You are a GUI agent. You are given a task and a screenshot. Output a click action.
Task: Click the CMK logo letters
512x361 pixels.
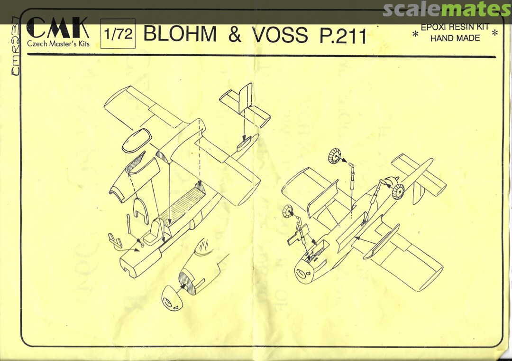point(58,28)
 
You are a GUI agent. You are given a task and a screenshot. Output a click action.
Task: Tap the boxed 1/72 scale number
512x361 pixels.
point(118,34)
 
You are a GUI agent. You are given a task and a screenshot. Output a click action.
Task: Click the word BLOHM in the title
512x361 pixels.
point(180,34)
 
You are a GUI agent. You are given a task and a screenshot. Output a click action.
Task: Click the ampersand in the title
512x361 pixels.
point(235,34)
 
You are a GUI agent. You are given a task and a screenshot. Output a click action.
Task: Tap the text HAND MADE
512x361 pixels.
point(455,38)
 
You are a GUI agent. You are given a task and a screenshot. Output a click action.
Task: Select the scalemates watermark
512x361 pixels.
point(447,9)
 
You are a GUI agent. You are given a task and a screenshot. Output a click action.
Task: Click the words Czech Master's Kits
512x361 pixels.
point(58,44)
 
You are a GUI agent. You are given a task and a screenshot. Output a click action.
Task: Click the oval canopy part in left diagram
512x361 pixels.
point(136,141)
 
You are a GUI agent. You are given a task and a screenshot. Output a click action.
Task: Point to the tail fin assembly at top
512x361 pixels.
point(245,105)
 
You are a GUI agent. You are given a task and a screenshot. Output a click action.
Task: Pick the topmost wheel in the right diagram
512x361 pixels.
point(336,155)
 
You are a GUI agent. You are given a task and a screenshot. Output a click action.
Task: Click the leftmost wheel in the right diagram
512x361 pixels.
point(288,212)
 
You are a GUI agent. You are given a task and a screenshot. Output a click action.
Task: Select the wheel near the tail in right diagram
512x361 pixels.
point(397,191)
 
